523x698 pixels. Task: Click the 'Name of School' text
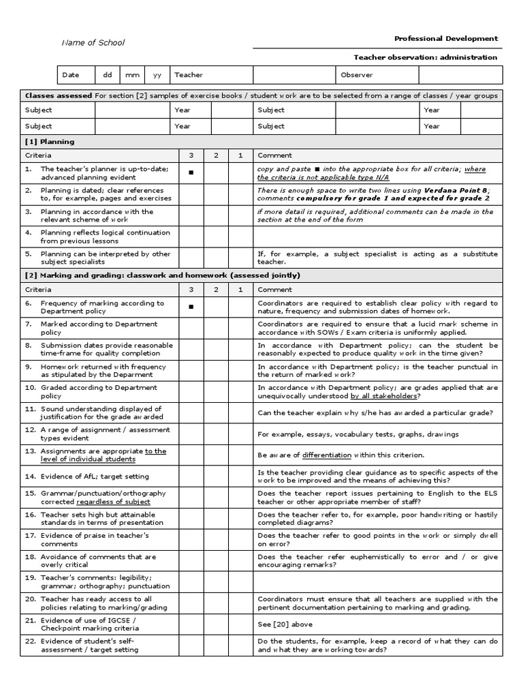click(93, 43)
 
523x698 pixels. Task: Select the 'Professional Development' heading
click(446, 39)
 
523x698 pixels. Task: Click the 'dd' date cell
click(107, 75)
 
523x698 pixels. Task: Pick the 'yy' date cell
click(157, 75)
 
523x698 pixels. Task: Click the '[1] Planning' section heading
click(50, 142)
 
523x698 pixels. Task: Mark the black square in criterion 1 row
click(191, 173)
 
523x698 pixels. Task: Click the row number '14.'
click(30, 476)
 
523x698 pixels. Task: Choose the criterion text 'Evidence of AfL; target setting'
click(95, 476)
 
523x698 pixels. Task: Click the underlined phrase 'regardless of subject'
click(113, 502)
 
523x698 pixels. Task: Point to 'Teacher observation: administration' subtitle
click(426, 57)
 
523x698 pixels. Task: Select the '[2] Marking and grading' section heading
click(160, 275)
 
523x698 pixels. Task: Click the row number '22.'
click(30, 641)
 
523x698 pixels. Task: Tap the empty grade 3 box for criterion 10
click(191, 391)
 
